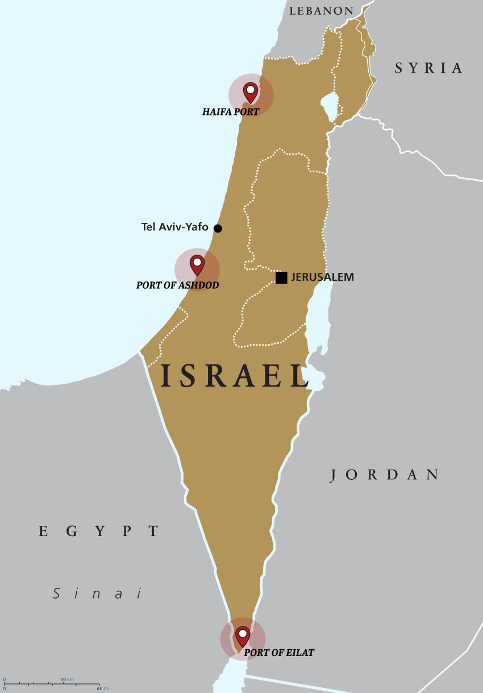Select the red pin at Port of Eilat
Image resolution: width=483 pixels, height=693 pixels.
tap(243, 635)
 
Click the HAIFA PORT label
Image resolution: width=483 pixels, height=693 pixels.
tap(231, 112)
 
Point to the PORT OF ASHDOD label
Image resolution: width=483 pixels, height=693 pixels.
tap(177, 285)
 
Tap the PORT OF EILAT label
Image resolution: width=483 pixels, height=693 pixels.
tap(279, 653)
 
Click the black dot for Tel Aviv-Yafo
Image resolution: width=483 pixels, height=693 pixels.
tap(218, 229)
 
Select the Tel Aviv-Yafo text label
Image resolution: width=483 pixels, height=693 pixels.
tap(174, 227)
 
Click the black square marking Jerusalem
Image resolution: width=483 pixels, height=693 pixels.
tap(281, 277)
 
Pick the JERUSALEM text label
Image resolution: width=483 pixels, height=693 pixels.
tap(322, 277)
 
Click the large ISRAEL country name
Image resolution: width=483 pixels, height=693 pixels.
tap(234, 376)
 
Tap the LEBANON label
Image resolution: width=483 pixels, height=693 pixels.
tap(321, 11)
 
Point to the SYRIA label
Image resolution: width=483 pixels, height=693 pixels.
tap(429, 68)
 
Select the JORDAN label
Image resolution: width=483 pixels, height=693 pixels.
tap(385, 475)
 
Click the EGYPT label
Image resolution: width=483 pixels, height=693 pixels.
tap(98, 532)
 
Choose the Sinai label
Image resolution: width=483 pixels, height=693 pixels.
tap(97, 594)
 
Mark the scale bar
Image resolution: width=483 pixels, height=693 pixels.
tap(52, 684)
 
